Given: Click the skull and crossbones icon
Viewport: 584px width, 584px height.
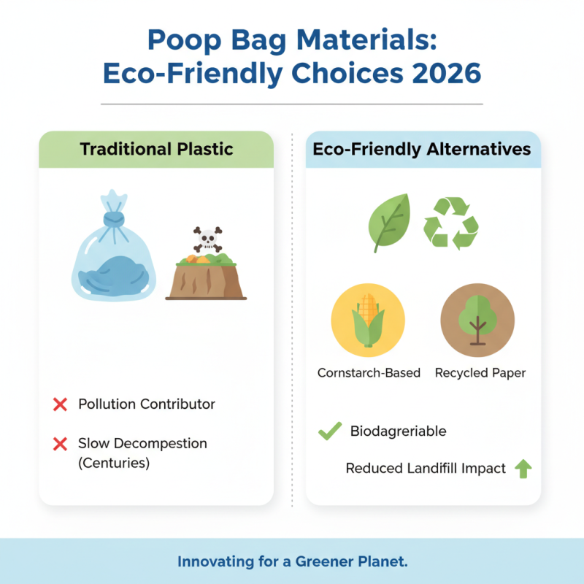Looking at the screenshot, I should click(x=207, y=237).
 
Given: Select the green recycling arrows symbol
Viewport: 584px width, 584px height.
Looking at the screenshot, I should click(x=451, y=222).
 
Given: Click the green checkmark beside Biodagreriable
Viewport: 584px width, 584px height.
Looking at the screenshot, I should click(x=330, y=431).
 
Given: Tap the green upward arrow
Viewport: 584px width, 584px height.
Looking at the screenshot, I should click(x=523, y=469).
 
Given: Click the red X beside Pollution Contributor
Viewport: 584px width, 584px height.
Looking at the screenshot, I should click(x=61, y=404).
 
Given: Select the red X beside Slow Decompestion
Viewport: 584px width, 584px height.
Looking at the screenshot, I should click(x=61, y=444).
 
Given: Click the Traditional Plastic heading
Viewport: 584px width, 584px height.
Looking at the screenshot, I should click(x=156, y=150).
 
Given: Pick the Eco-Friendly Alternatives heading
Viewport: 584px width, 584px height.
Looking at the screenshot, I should click(x=422, y=150).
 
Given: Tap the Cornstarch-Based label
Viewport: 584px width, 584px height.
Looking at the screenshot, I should click(x=369, y=373).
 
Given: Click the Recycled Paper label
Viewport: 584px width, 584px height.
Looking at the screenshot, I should click(x=480, y=373).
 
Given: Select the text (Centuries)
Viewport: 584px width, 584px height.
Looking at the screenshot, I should click(x=113, y=463).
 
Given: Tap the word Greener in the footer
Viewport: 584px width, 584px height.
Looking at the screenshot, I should click(x=318, y=562).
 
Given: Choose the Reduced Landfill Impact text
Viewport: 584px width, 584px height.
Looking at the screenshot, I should click(x=426, y=469).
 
